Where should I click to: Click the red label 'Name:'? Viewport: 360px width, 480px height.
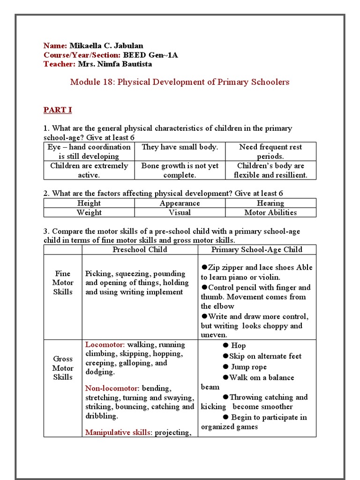(x=55, y=45)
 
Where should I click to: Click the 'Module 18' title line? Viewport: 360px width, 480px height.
(x=180, y=82)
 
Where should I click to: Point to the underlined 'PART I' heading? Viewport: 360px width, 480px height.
(x=58, y=110)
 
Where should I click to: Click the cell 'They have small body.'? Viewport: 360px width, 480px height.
(x=180, y=147)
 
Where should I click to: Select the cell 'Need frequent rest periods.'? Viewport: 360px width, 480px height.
(x=270, y=151)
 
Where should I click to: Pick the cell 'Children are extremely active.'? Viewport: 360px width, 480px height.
(x=89, y=170)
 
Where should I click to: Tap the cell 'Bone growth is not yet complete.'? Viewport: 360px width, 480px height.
(x=180, y=170)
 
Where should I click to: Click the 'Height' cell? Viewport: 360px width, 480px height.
(x=89, y=203)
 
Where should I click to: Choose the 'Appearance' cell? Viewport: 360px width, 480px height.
(x=180, y=203)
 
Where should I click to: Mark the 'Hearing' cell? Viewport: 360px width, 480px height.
(x=270, y=203)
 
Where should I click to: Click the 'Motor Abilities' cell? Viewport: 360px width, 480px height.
(x=270, y=212)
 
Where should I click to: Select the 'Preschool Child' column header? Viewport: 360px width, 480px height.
(x=140, y=249)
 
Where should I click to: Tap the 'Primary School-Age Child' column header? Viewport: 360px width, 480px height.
(x=256, y=249)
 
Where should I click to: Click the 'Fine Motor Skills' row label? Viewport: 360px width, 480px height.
(x=63, y=283)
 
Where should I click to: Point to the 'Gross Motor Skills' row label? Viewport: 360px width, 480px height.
(x=63, y=368)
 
